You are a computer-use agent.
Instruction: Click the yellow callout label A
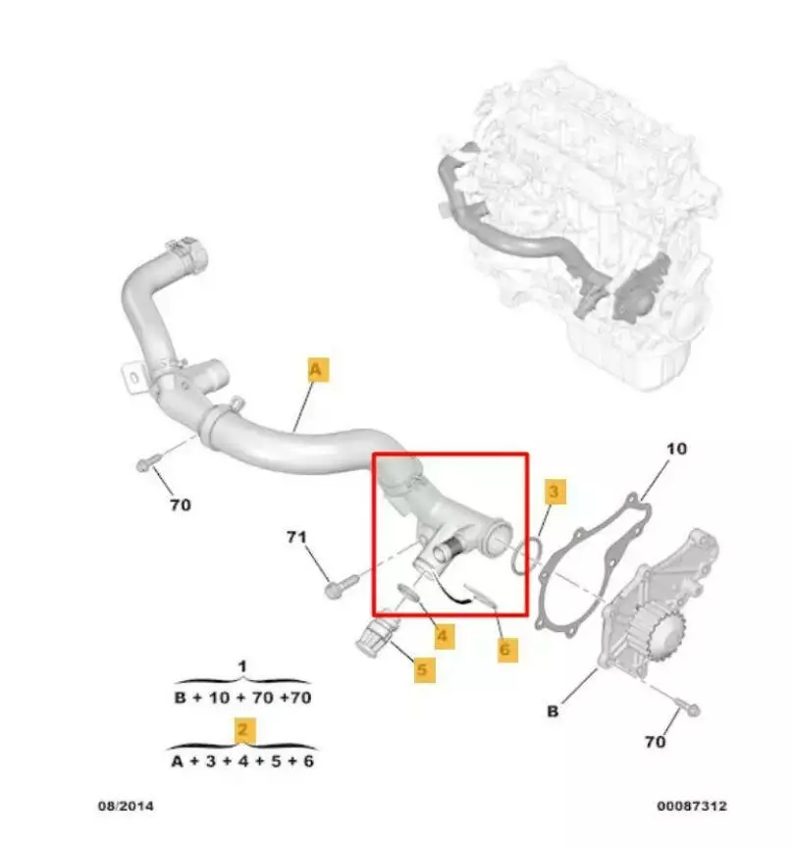pos(318,369)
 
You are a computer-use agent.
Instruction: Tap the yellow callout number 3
pos(554,492)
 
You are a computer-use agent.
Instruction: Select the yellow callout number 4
pos(444,636)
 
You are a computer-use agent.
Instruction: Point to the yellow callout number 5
pos(424,669)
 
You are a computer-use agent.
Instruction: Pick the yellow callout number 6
pos(506,648)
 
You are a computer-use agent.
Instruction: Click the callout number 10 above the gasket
pos(676,449)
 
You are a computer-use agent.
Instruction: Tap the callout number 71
pos(296,537)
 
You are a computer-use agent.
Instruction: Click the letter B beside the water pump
pos(553,711)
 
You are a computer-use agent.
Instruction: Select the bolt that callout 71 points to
pos(342,586)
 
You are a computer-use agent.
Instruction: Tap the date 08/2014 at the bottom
pos(126,806)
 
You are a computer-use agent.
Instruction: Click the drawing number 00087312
pos(692,806)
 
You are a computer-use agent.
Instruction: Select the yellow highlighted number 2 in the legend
pos(242,730)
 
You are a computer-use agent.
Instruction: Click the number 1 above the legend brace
pos(242,666)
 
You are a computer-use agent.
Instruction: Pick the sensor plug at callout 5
pos(377,634)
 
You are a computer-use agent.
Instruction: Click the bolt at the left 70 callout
pos(148,462)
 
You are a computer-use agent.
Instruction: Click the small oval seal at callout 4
pos(408,593)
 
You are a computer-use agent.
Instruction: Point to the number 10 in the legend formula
pos(219,698)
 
